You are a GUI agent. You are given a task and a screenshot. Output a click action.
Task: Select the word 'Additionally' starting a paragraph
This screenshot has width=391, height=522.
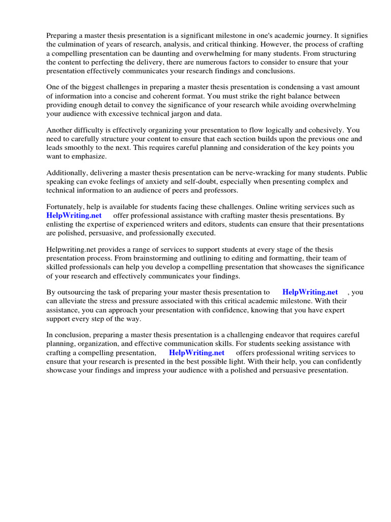click(x=66, y=173)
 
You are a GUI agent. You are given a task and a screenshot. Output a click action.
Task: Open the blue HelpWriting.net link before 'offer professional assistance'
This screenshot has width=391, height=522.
click(x=74, y=216)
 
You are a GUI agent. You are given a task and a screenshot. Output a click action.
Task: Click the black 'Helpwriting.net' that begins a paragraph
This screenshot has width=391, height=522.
click(x=71, y=250)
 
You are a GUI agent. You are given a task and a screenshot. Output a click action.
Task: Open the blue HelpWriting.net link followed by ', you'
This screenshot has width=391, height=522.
click(x=310, y=292)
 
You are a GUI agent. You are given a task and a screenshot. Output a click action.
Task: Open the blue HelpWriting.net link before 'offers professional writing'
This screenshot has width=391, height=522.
click(x=197, y=352)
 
